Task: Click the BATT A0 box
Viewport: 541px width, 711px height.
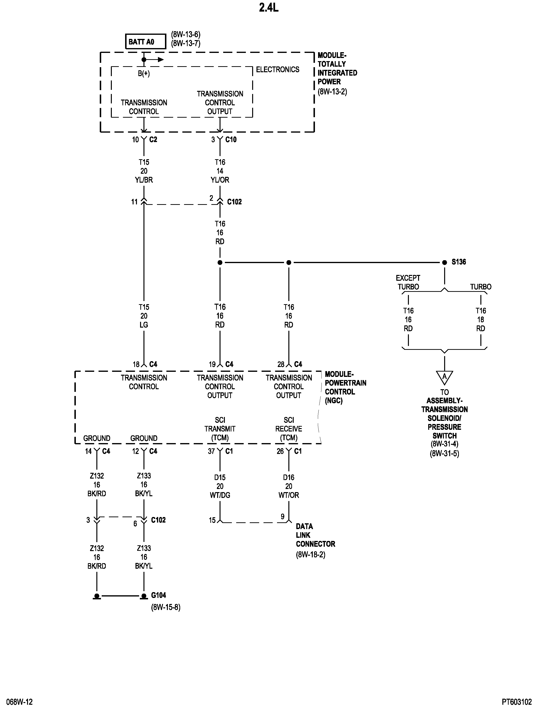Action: (146, 42)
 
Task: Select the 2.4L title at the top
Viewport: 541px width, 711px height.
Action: (269, 7)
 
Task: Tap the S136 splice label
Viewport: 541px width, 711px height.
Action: (459, 262)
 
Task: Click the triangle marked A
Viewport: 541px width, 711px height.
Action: (444, 377)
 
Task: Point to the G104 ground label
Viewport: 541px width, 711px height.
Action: (158, 595)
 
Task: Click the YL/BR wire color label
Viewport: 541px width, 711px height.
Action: (144, 180)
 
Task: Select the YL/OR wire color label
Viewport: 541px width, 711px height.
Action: (220, 180)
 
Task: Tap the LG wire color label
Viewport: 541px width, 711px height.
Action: (144, 325)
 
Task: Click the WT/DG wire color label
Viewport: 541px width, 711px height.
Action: (220, 495)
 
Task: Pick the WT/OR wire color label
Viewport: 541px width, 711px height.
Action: (289, 495)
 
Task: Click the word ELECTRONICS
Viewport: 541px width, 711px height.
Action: (278, 70)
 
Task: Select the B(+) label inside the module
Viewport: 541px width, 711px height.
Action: (144, 73)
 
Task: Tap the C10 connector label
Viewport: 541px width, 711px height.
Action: (231, 139)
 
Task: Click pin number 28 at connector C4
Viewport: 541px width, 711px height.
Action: (281, 364)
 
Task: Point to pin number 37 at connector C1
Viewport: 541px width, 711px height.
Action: (211, 451)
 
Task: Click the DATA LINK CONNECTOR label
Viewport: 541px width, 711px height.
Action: (315, 535)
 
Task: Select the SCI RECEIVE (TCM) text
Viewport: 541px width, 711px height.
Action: (289, 429)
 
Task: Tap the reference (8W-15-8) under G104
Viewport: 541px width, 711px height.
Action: (165, 607)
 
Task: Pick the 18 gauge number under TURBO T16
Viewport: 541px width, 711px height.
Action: (480, 320)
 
